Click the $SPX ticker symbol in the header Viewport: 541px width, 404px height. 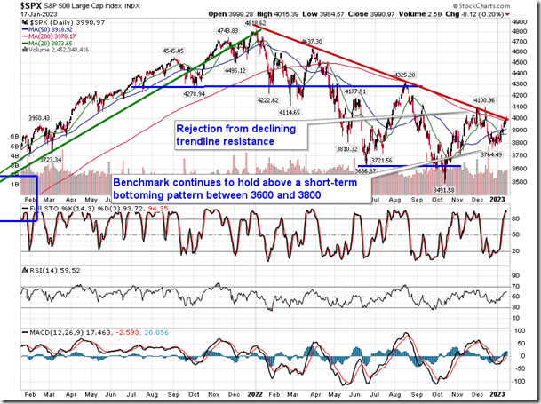coord(17,6)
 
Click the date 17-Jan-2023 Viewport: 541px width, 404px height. coord(22,15)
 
